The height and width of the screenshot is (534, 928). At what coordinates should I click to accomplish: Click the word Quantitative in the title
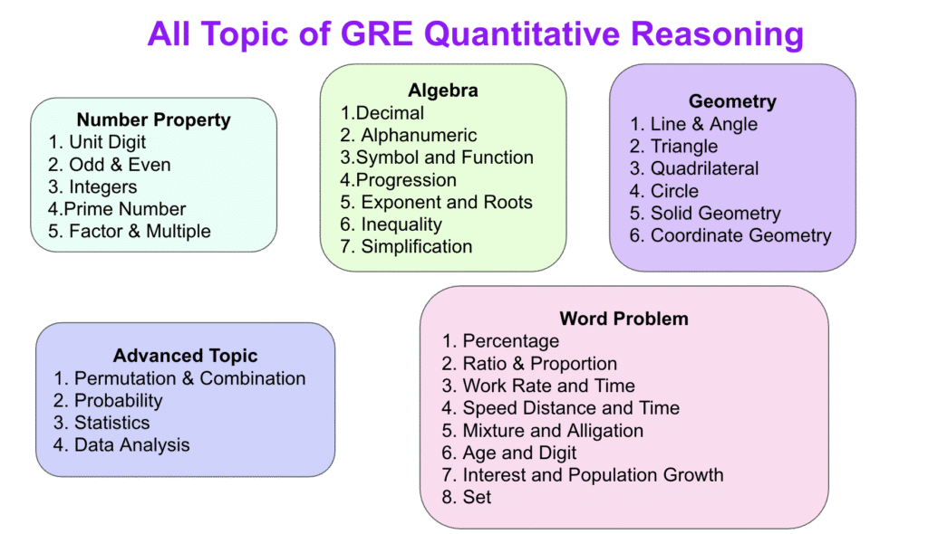(521, 33)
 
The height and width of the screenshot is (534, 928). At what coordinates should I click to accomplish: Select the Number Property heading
(154, 120)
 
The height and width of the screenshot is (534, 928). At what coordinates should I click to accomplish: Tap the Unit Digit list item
(97, 142)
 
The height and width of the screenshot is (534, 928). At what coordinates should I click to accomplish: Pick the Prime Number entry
(117, 209)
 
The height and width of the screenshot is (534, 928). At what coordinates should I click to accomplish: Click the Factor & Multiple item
(130, 231)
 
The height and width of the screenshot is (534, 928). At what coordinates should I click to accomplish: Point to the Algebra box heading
(442, 91)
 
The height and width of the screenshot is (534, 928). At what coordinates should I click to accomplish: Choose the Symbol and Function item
(437, 157)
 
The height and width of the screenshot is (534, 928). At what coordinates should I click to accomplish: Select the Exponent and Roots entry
(436, 202)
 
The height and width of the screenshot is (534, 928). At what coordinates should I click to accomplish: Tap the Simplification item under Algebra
(406, 246)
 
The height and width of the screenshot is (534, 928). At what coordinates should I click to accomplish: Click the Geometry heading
(732, 101)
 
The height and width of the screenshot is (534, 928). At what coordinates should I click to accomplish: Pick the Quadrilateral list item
(694, 168)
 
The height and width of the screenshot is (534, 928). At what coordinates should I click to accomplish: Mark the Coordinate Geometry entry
(730, 235)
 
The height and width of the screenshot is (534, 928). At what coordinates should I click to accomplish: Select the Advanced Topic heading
(185, 356)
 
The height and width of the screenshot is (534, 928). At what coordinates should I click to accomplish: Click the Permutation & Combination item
(180, 378)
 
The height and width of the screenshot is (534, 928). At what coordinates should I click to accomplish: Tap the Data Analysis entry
(122, 445)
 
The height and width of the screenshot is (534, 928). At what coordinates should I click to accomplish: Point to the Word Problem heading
(623, 319)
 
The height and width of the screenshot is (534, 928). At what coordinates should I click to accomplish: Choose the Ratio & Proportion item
(529, 364)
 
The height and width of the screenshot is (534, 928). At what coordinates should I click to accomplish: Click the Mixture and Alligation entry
(542, 431)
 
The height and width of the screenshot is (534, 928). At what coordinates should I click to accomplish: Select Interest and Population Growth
(583, 475)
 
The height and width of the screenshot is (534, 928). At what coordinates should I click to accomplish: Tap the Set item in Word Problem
(467, 497)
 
